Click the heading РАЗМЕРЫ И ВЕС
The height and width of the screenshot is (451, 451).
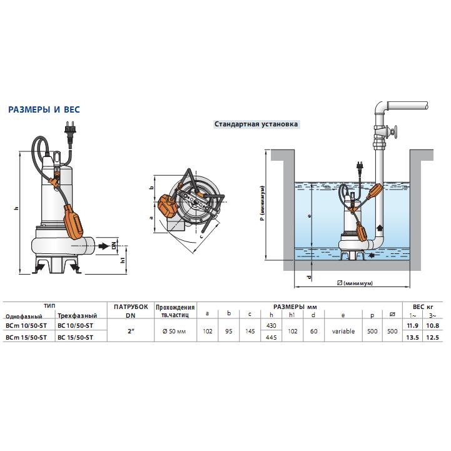point(44,109)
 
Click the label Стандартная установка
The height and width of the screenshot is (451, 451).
point(256,124)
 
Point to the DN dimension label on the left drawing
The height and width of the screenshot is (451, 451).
point(114,245)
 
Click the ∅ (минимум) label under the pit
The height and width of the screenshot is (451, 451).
point(354,283)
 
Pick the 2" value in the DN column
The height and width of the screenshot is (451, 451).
point(131,332)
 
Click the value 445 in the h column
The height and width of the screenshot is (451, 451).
point(272,337)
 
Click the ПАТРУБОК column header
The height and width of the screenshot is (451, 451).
point(131,307)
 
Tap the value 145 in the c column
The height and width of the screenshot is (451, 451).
point(250,332)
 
